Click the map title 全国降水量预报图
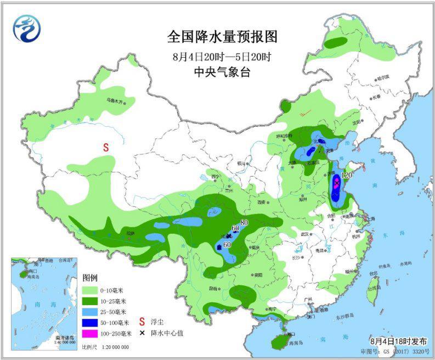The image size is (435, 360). (x=222, y=37)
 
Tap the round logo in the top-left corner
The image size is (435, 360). (x=27, y=27)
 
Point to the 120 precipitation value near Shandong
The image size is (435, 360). (x=346, y=175)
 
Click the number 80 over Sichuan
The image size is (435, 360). (x=244, y=222)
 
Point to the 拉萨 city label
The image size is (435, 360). (x=130, y=233)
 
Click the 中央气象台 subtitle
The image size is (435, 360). (x=222, y=72)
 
